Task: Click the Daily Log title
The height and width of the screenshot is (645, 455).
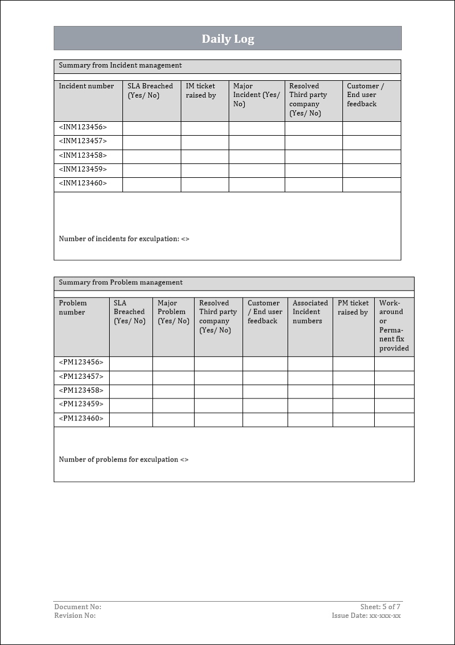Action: [228, 39]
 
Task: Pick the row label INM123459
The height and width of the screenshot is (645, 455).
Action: [83, 170]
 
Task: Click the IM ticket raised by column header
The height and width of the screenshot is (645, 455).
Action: [201, 91]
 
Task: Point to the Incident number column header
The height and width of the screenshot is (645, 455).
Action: [87, 86]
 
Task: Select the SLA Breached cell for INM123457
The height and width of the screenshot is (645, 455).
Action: [151, 142]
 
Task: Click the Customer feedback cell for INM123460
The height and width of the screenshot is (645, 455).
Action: [371, 184]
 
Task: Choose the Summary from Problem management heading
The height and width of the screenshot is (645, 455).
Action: [121, 283]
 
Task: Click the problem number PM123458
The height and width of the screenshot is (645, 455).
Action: [81, 390]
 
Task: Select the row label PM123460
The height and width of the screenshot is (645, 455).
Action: [81, 419]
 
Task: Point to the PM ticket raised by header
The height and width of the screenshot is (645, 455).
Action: [353, 308]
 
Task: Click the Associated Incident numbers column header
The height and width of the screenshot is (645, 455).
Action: [310, 312]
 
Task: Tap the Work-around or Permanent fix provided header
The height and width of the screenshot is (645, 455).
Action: [394, 326]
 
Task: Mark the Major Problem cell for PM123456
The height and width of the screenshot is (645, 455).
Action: [173, 363]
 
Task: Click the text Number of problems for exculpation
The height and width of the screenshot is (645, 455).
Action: [124, 460]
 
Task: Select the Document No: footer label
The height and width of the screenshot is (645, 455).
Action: [78, 607]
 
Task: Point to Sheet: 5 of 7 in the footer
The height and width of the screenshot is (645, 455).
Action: [380, 607]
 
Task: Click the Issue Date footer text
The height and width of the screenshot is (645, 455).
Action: [366, 616]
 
